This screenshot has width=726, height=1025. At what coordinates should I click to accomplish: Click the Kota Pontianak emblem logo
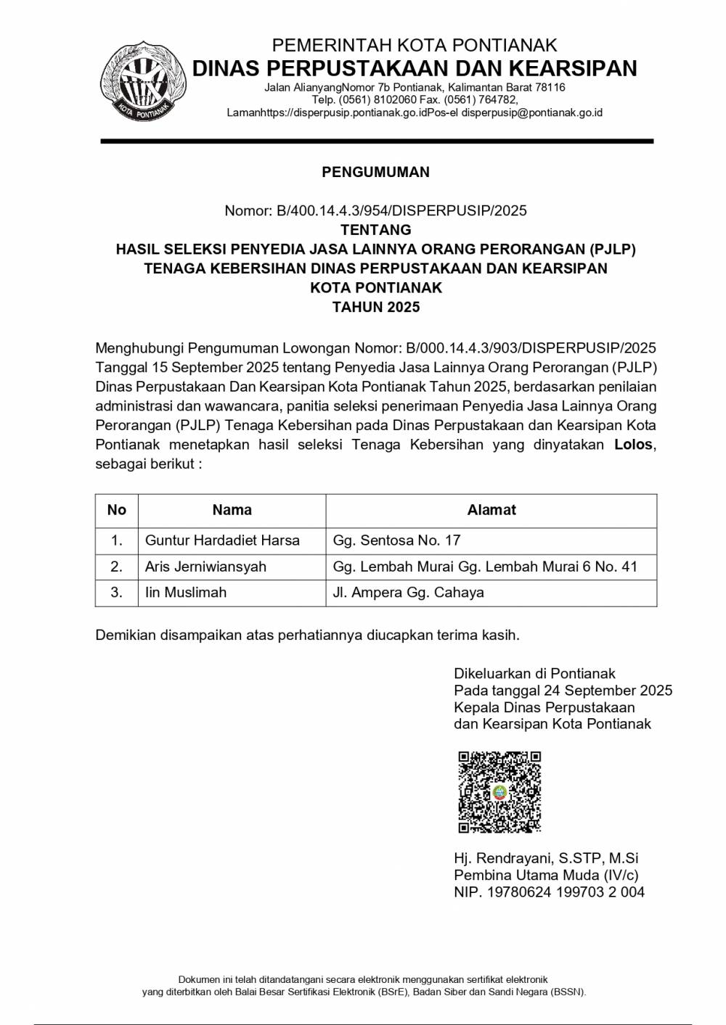tap(143, 82)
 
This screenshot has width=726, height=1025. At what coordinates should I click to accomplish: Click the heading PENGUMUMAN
tap(375, 172)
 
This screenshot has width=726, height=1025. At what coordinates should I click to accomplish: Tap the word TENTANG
tap(375, 230)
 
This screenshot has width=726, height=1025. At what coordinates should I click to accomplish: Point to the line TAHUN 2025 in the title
tap(375, 307)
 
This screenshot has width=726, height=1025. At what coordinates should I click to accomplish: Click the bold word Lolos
tap(634, 445)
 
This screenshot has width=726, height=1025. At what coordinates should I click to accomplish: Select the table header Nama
tap(232, 510)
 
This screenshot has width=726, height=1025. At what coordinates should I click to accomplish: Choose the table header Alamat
tap(492, 510)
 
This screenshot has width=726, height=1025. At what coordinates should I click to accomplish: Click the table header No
tap(116, 510)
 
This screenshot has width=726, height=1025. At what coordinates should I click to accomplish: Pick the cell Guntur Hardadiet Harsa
tap(222, 540)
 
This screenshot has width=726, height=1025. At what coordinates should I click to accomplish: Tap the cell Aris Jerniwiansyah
tap(205, 567)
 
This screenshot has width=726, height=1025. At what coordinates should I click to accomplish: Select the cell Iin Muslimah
tap(186, 593)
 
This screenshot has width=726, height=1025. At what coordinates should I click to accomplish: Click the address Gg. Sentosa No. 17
tap(396, 540)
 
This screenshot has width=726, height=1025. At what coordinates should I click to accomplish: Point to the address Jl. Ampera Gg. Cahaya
tap(408, 593)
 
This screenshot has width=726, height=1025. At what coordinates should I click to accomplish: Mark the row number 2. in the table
tap(116, 567)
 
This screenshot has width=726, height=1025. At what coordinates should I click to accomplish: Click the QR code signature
tap(499, 792)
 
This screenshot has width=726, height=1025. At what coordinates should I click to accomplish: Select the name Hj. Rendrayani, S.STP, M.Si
tap(546, 858)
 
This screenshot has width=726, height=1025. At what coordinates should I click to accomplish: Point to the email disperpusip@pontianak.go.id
tap(532, 113)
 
